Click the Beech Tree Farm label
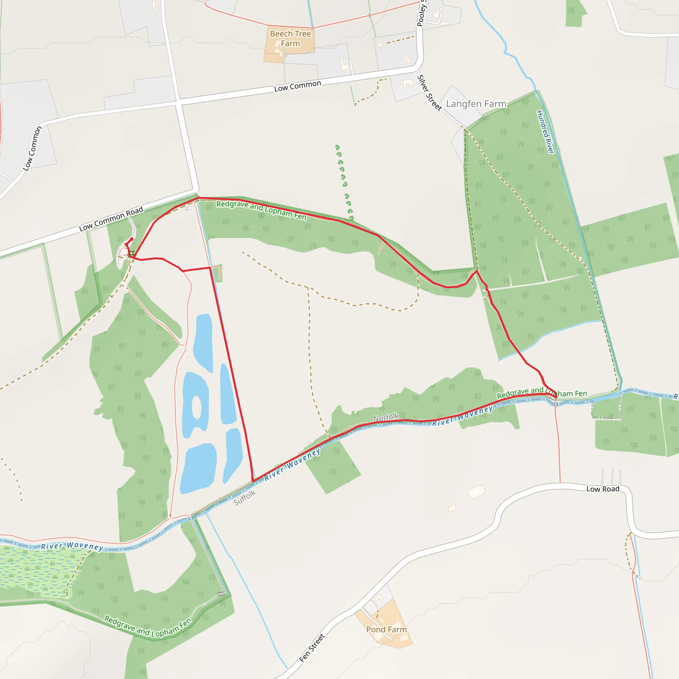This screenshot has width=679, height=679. coord(290,39)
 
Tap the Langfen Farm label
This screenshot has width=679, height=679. coord(476,104)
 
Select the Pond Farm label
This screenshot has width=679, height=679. coord(386,630)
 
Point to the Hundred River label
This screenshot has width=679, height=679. coord(545,132)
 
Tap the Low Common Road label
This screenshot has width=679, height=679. coord(111,218)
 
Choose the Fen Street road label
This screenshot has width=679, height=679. coord(312,648)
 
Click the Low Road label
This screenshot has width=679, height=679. coord(603,489)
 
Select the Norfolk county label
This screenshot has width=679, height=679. coord(386,417)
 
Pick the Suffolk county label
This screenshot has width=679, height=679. coord(245,498)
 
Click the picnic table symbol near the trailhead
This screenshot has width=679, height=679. coord(131,253)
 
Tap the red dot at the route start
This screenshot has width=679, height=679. coord(132,239)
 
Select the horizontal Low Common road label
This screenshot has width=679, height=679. coord(297,86)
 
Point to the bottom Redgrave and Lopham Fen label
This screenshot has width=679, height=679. coord(148,628)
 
